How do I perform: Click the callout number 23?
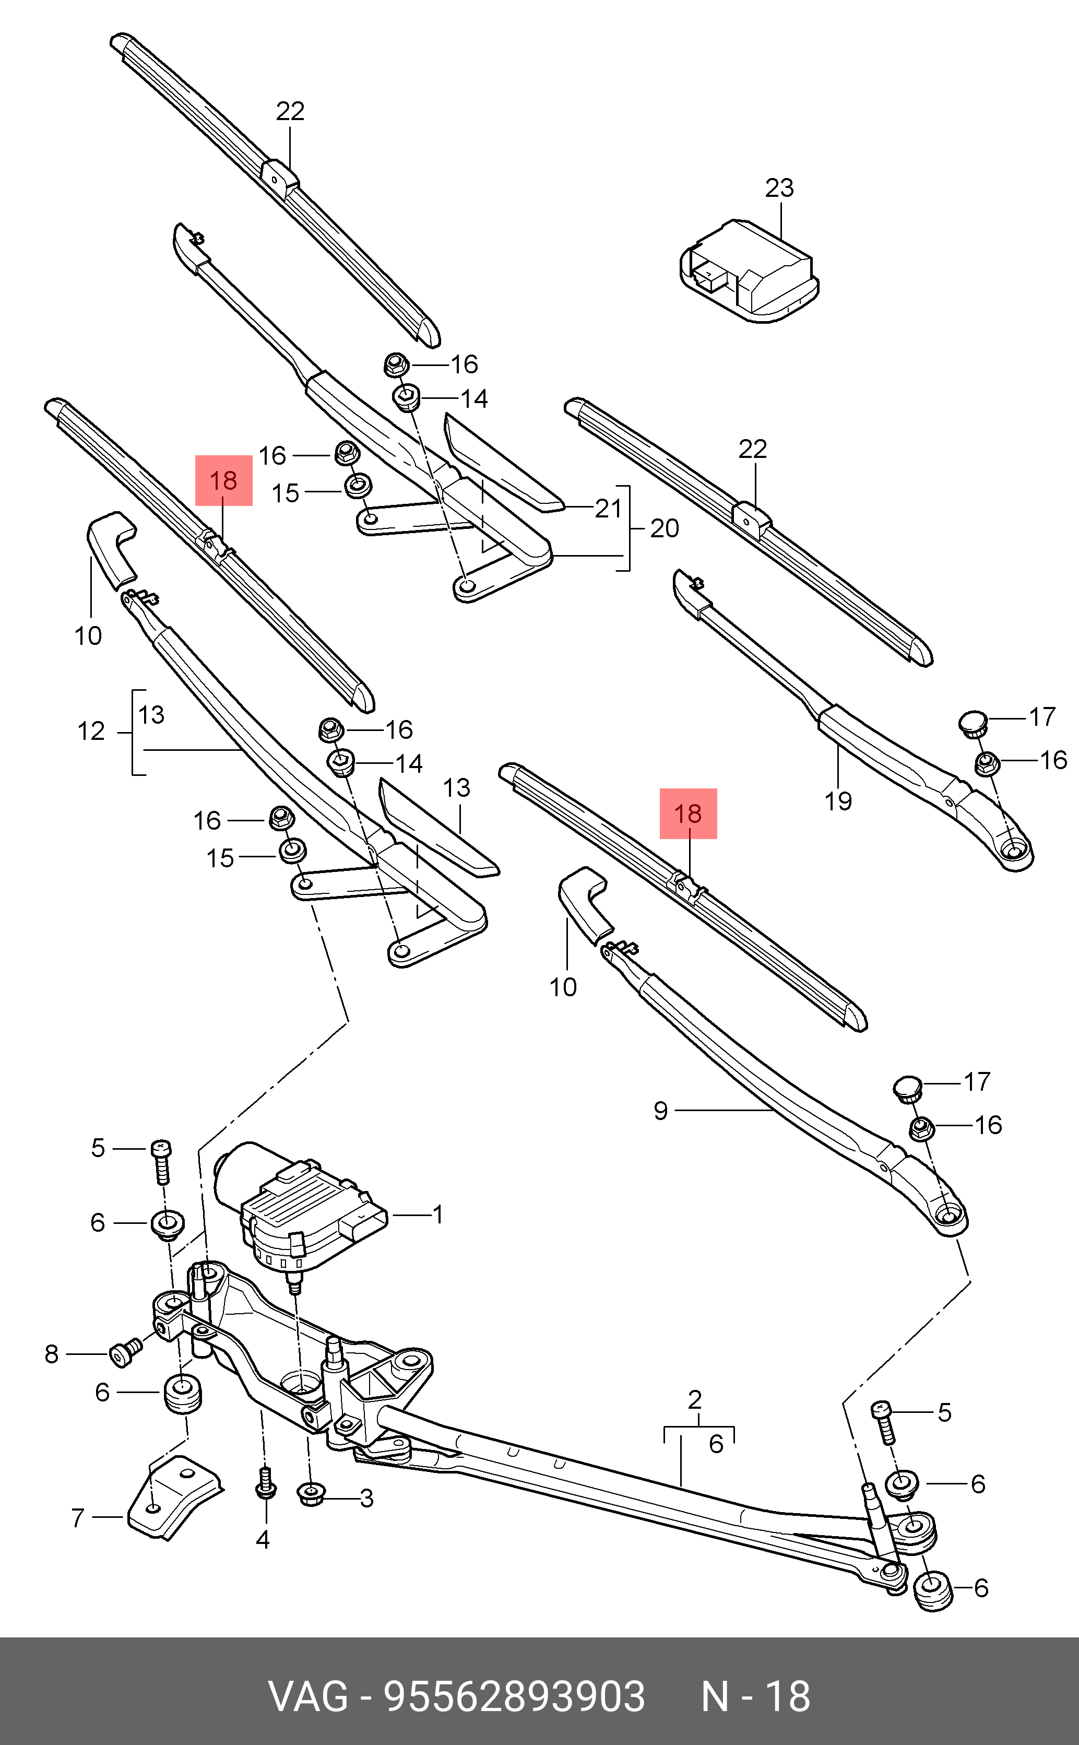tap(779, 188)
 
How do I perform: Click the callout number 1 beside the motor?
tap(438, 1214)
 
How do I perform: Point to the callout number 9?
tap(661, 1111)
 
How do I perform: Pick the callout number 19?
tap(838, 801)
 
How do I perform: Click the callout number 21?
tap(608, 509)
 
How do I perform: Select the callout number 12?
tap(91, 732)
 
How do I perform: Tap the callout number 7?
tap(78, 1517)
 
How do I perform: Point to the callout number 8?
tap(51, 1354)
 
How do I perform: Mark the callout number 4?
tap(263, 1540)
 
